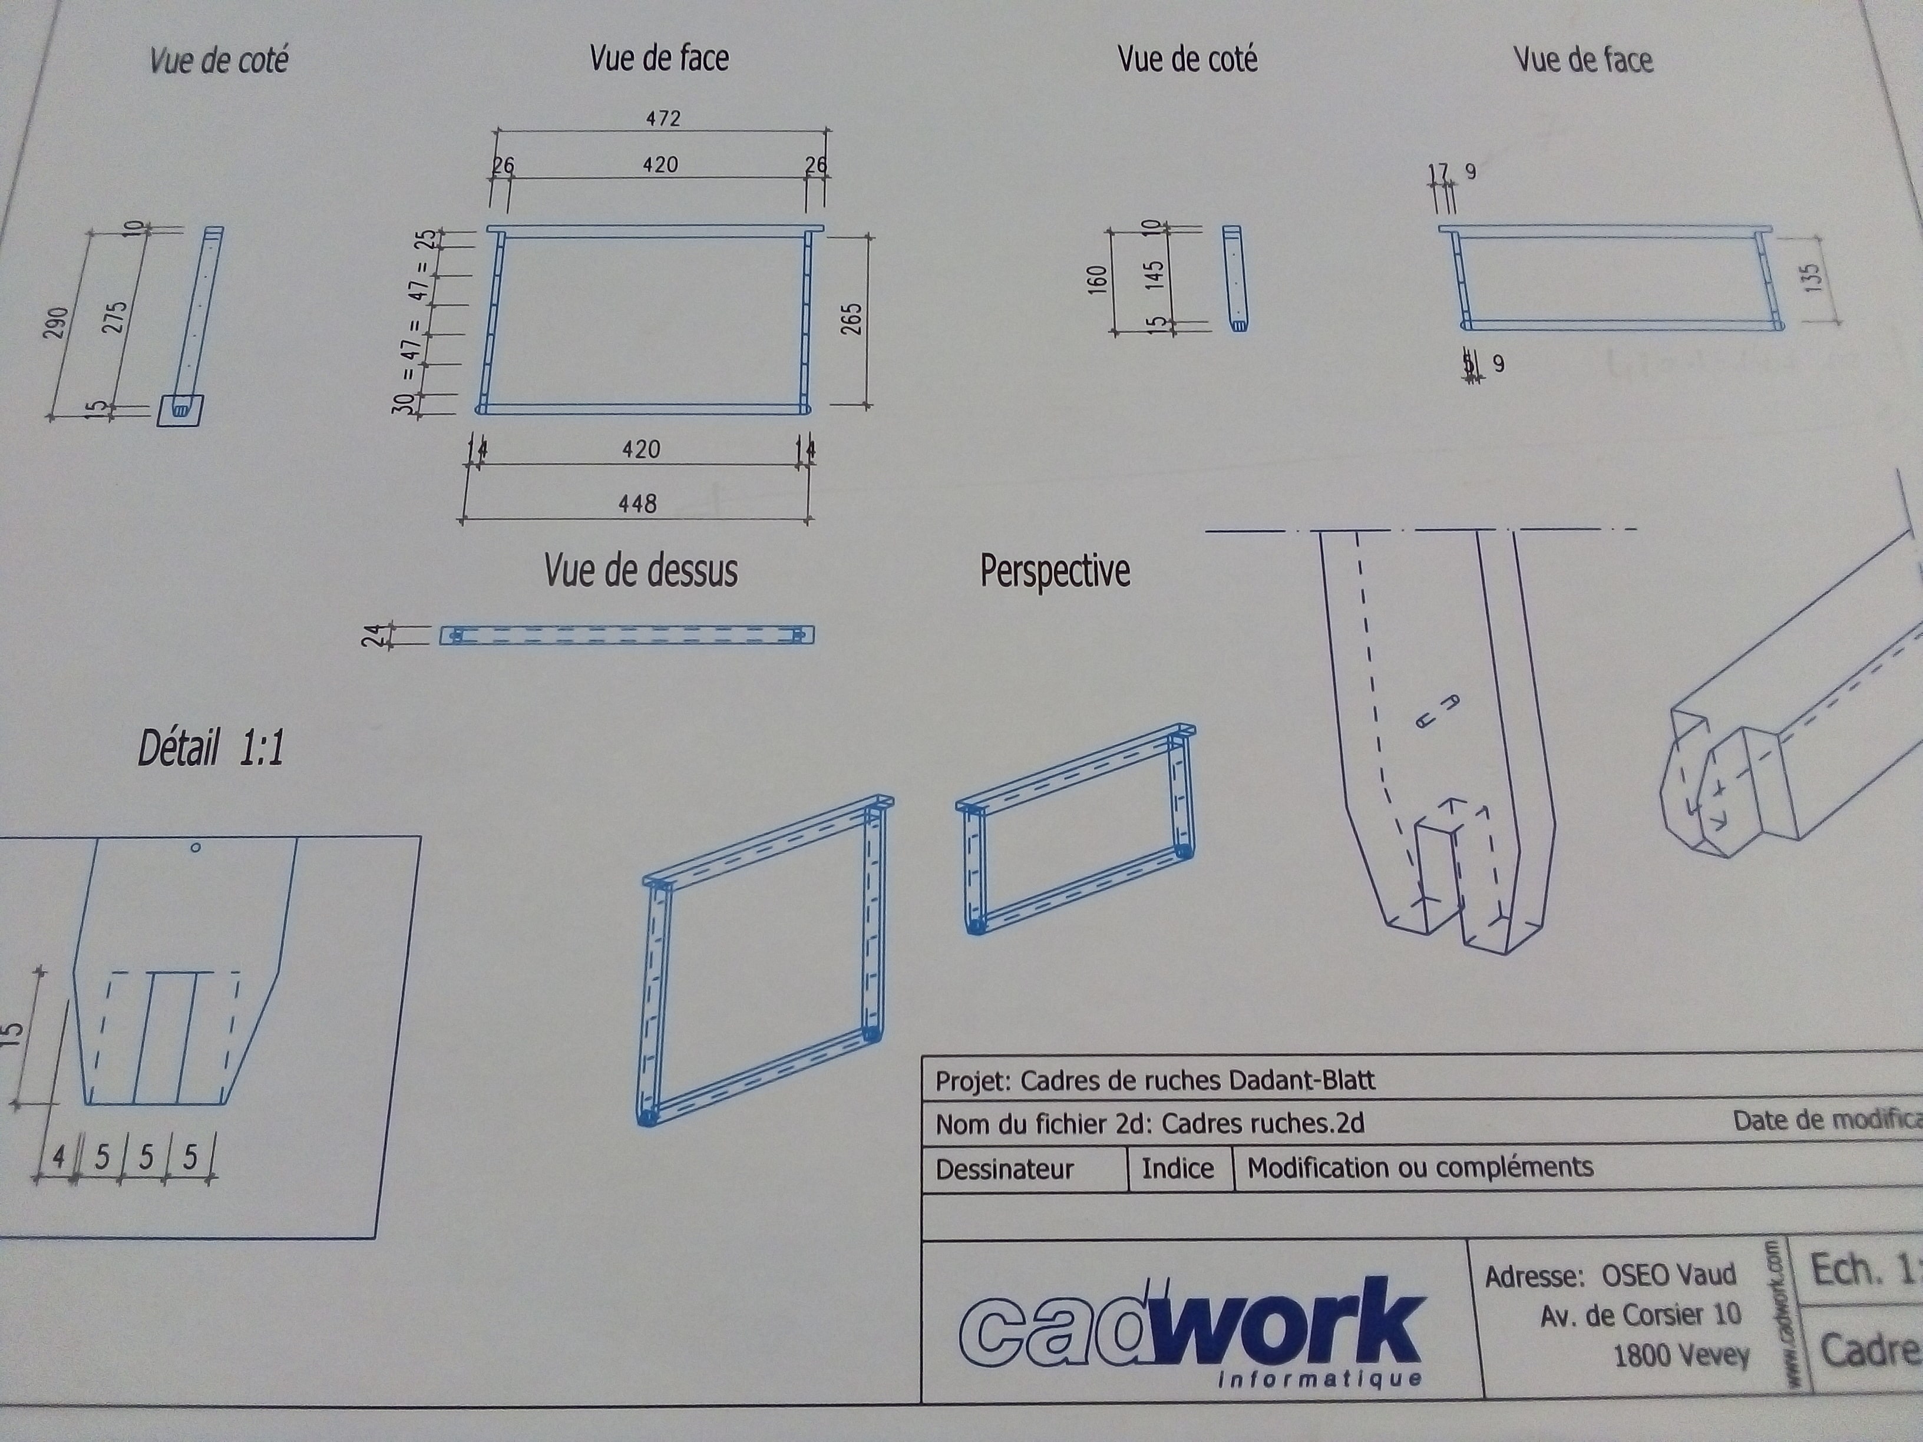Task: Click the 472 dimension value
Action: [x=662, y=117]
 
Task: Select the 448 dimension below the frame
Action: [x=637, y=503]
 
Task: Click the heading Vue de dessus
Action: [x=641, y=571]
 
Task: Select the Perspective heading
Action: [x=1055, y=571]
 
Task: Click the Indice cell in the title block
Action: [x=1177, y=1168]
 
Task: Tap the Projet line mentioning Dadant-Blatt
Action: [x=1155, y=1080]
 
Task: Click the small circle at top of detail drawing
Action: [x=196, y=848]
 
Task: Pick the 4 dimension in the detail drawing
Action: [x=58, y=1157]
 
